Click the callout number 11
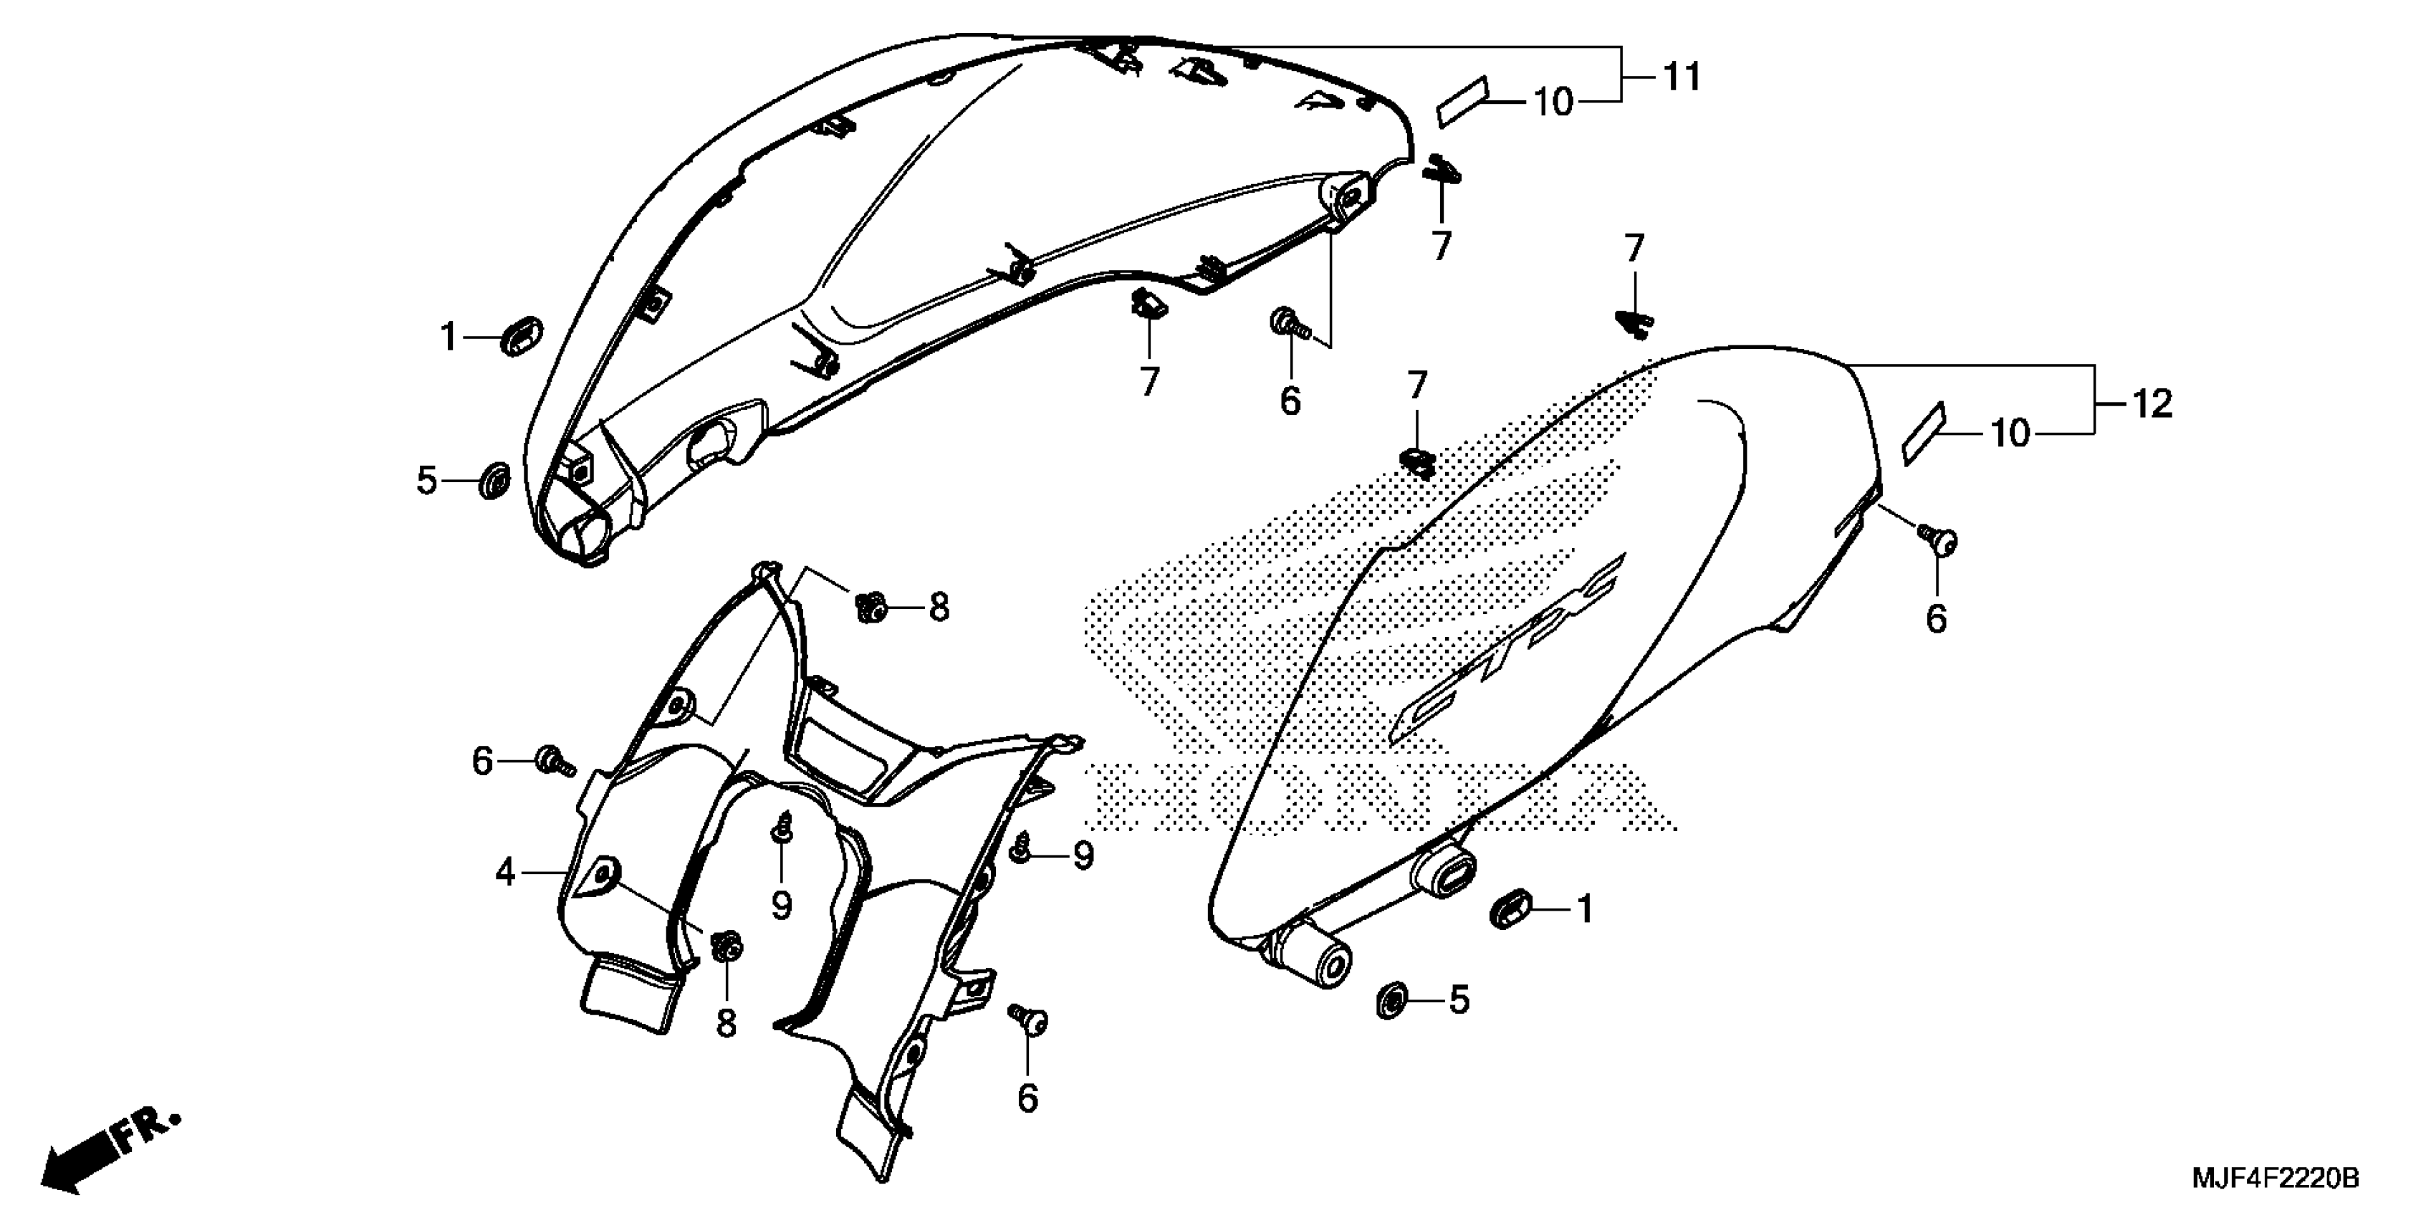coord(1682,77)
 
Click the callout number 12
coord(2152,405)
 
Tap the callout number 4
coord(506,872)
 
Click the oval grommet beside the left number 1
coord(521,337)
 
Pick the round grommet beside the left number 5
coord(494,480)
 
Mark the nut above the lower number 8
coord(727,946)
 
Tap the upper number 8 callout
coord(938,607)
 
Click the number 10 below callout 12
coord(2010,434)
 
